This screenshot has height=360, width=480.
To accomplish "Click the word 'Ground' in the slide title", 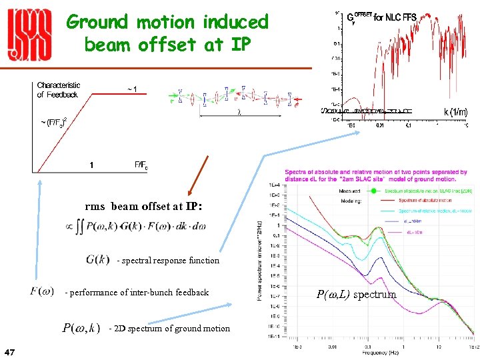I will point(97,22).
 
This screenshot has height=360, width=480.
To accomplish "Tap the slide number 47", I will point(10,351).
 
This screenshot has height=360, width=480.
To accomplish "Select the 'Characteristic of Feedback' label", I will point(59,90).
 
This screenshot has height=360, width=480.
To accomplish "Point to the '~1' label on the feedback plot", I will point(133,89).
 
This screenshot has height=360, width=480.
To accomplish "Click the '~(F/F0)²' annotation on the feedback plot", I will point(55,122).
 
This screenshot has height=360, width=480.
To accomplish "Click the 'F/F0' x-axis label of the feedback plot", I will point(141,165).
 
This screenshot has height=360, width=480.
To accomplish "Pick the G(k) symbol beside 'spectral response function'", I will point(97,259).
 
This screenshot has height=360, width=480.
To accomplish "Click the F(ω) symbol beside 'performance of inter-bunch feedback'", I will point(42,291).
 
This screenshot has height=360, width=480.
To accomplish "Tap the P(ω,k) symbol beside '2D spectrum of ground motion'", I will point(81,327).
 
